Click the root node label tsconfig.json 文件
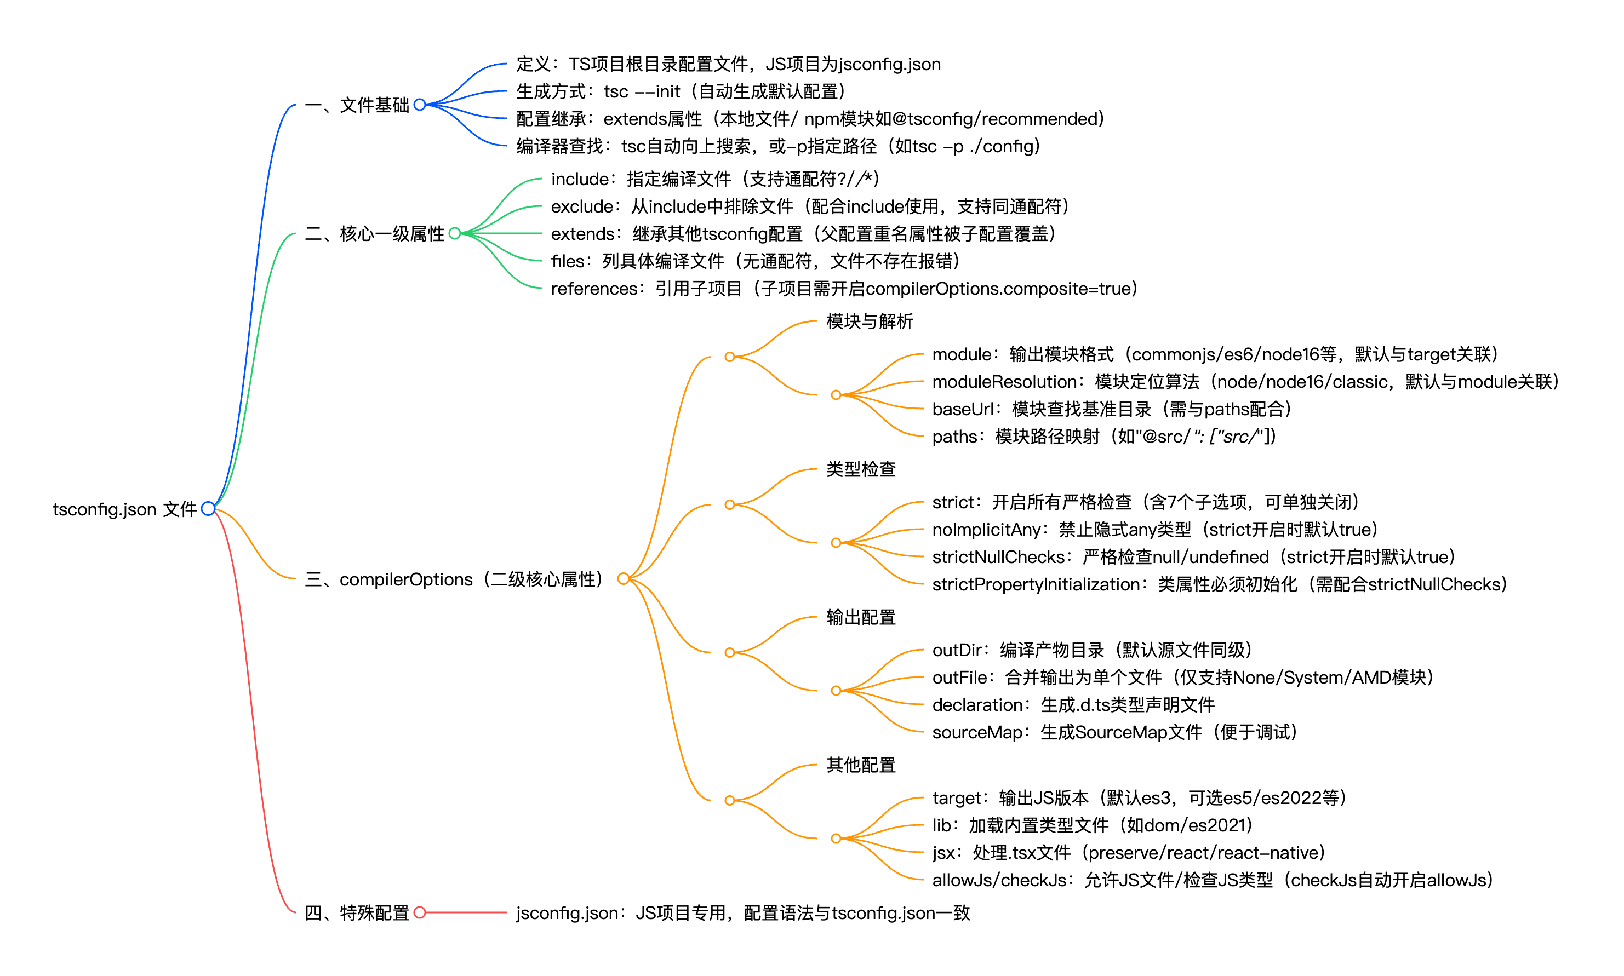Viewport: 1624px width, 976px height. point(124,509)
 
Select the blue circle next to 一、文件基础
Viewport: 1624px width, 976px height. point(420,104)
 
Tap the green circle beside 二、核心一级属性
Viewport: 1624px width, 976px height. point(455,233)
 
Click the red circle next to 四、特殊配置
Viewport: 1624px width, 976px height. point(420,912)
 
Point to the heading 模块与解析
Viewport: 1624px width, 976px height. point(869,321)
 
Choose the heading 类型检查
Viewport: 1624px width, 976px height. point(860,469)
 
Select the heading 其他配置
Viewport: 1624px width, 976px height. point(860,765)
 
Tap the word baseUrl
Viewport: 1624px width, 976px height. point(962,409)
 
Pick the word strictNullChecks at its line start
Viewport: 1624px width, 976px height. point(998,557)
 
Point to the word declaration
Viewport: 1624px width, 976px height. point(977,705)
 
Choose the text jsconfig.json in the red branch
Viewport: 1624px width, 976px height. point(567,913)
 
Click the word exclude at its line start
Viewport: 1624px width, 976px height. point(581,206)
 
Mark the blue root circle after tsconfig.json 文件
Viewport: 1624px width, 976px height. point(208,508)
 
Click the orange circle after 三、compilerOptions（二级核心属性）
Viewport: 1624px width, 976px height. point(623,579)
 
